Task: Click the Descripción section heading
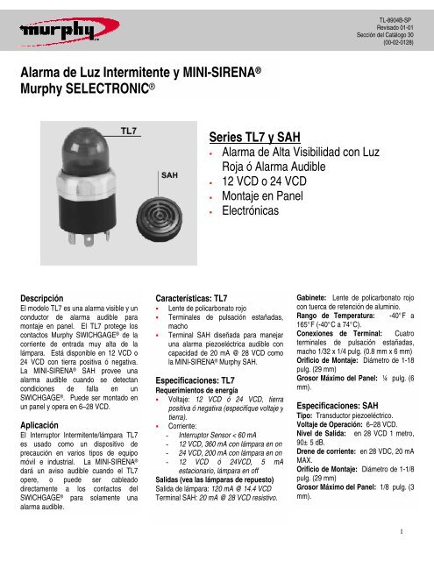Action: pyautogui.click(x=40, y=297)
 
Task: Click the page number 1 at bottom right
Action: pyautogui.click(x=399, y=529)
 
